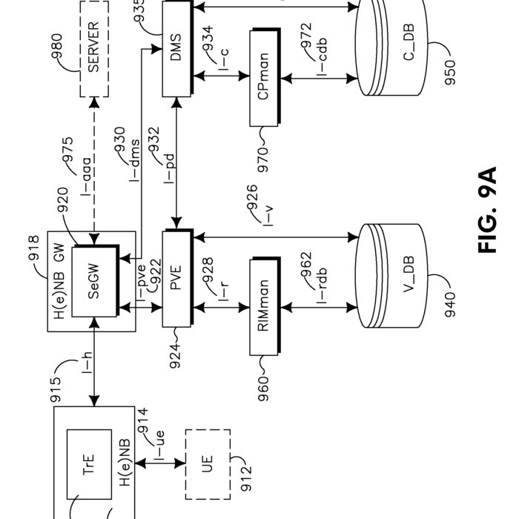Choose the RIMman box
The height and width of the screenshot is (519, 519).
(x=265, y=305)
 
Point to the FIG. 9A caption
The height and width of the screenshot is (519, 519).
(x=486, y=211)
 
